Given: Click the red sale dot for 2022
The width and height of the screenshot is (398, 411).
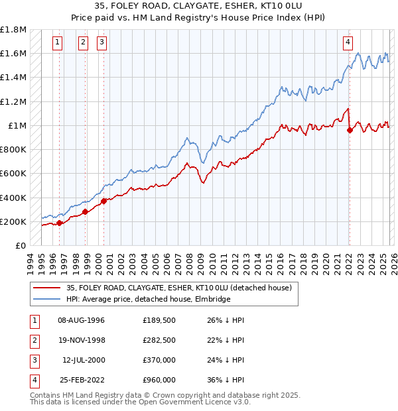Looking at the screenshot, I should pyautogui.click(x=350, y=130).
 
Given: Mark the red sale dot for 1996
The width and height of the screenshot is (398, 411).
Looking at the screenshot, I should pyautogui.click(x=60, y=223).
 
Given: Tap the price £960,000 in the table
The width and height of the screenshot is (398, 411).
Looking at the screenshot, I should pyautogui.click(x=159, y=380).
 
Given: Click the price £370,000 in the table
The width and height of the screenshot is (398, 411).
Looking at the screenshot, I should pyautogui.click(x=159, y=360).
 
